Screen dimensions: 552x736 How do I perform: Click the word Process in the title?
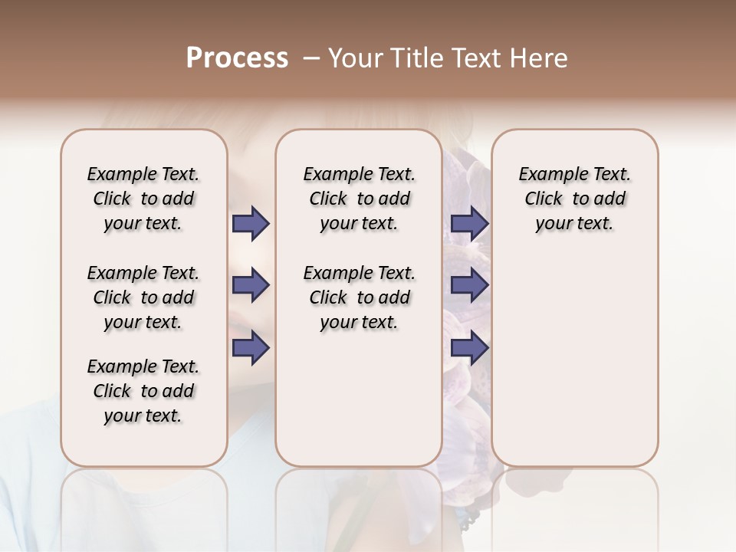coord(237,58)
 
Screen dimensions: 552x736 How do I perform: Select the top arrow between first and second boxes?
coord(251,224)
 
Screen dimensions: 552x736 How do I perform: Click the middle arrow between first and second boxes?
coord(251,286)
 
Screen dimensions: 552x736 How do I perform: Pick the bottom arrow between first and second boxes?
coord(251,348)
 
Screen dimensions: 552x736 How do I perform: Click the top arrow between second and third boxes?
coord(469,224)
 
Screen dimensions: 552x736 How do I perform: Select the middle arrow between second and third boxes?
coord(469,286)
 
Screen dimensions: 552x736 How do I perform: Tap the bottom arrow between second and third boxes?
coord(469,348)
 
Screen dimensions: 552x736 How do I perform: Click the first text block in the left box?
coord(143,199)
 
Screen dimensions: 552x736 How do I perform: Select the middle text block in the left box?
coord(143,297)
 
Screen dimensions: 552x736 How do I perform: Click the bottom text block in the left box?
coord(143,391)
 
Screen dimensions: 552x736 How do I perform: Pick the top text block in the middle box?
coord(359,199)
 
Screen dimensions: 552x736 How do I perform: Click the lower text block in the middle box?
coord(359,297)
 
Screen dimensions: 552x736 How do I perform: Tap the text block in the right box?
coord(574,199)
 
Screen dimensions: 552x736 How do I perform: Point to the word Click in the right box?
coord(544,199)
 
